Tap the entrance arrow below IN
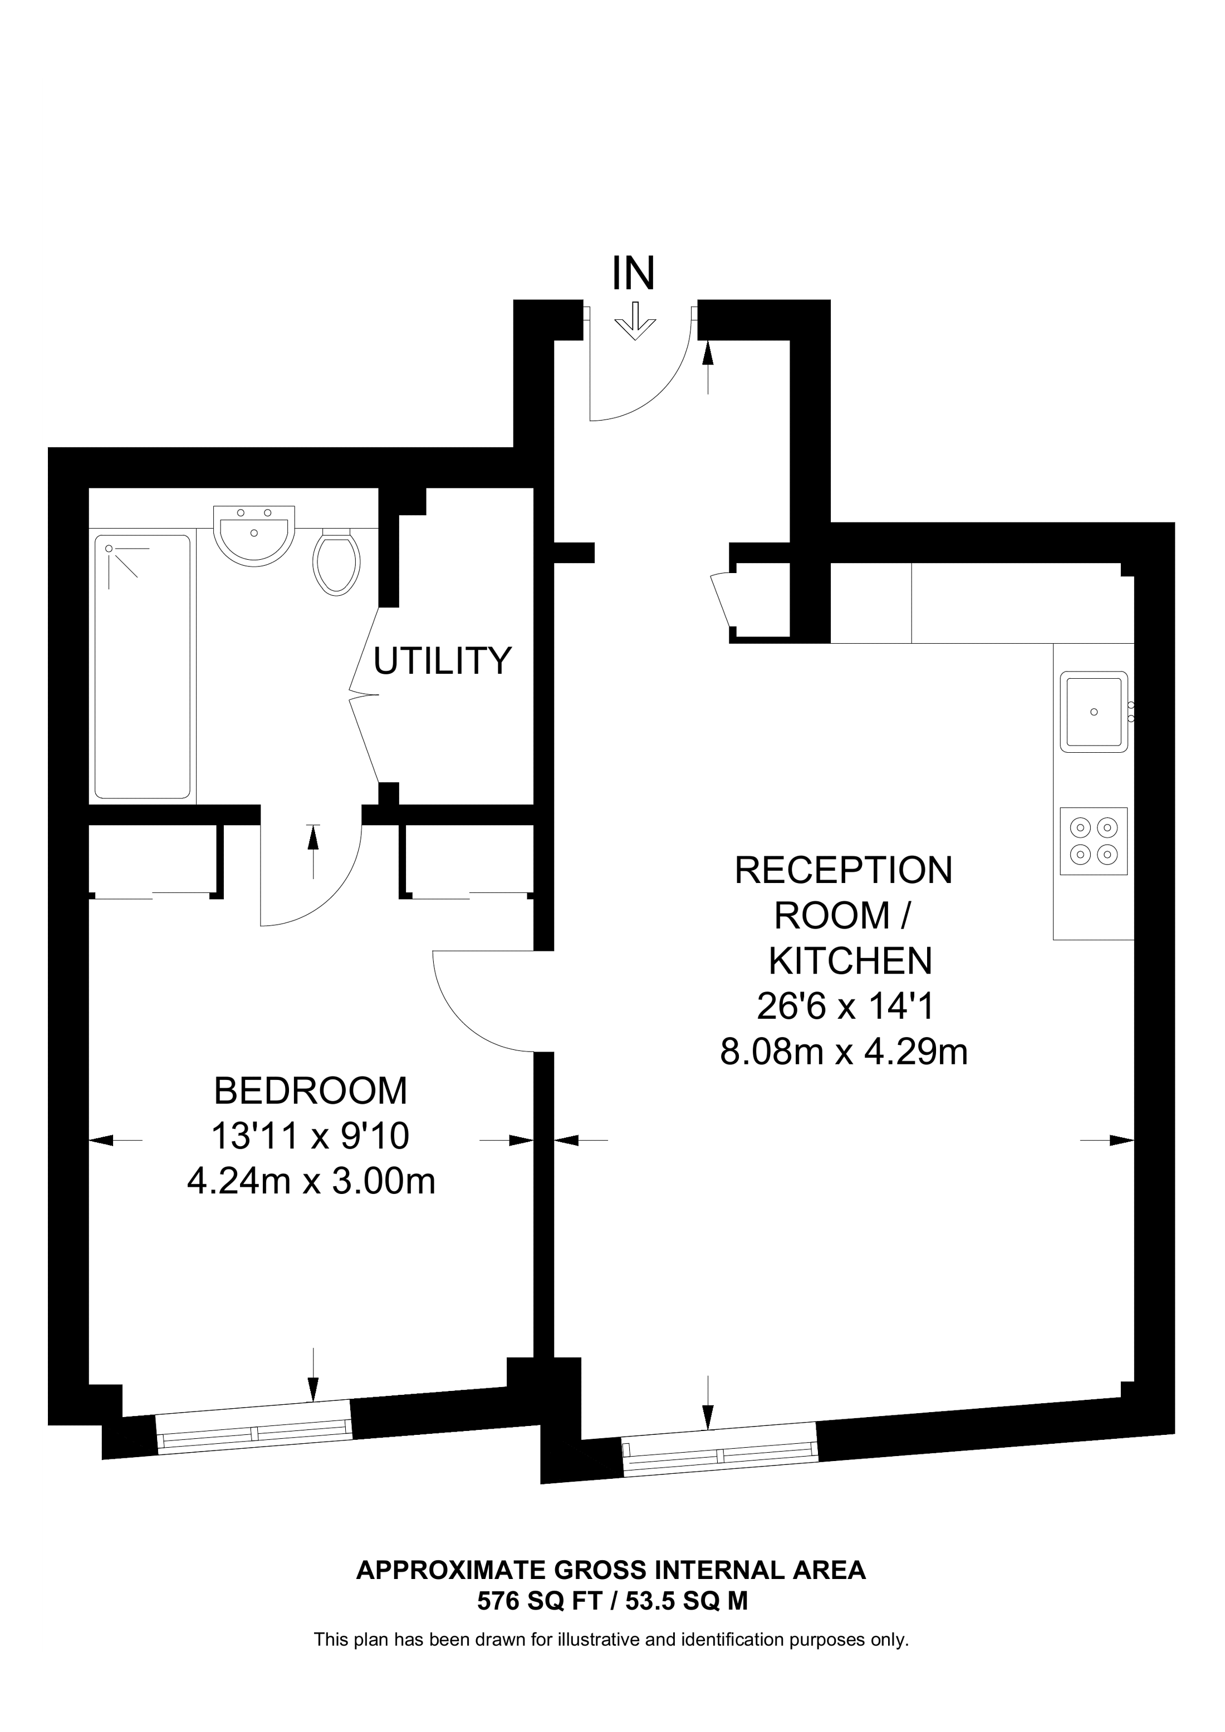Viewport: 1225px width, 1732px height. point(635,322)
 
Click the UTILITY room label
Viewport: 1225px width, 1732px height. point(443,661)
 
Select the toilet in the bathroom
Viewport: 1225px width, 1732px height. point(337,564)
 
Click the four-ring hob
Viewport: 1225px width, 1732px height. point(1094,841)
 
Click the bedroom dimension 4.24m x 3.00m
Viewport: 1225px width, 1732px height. point(311,1181)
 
